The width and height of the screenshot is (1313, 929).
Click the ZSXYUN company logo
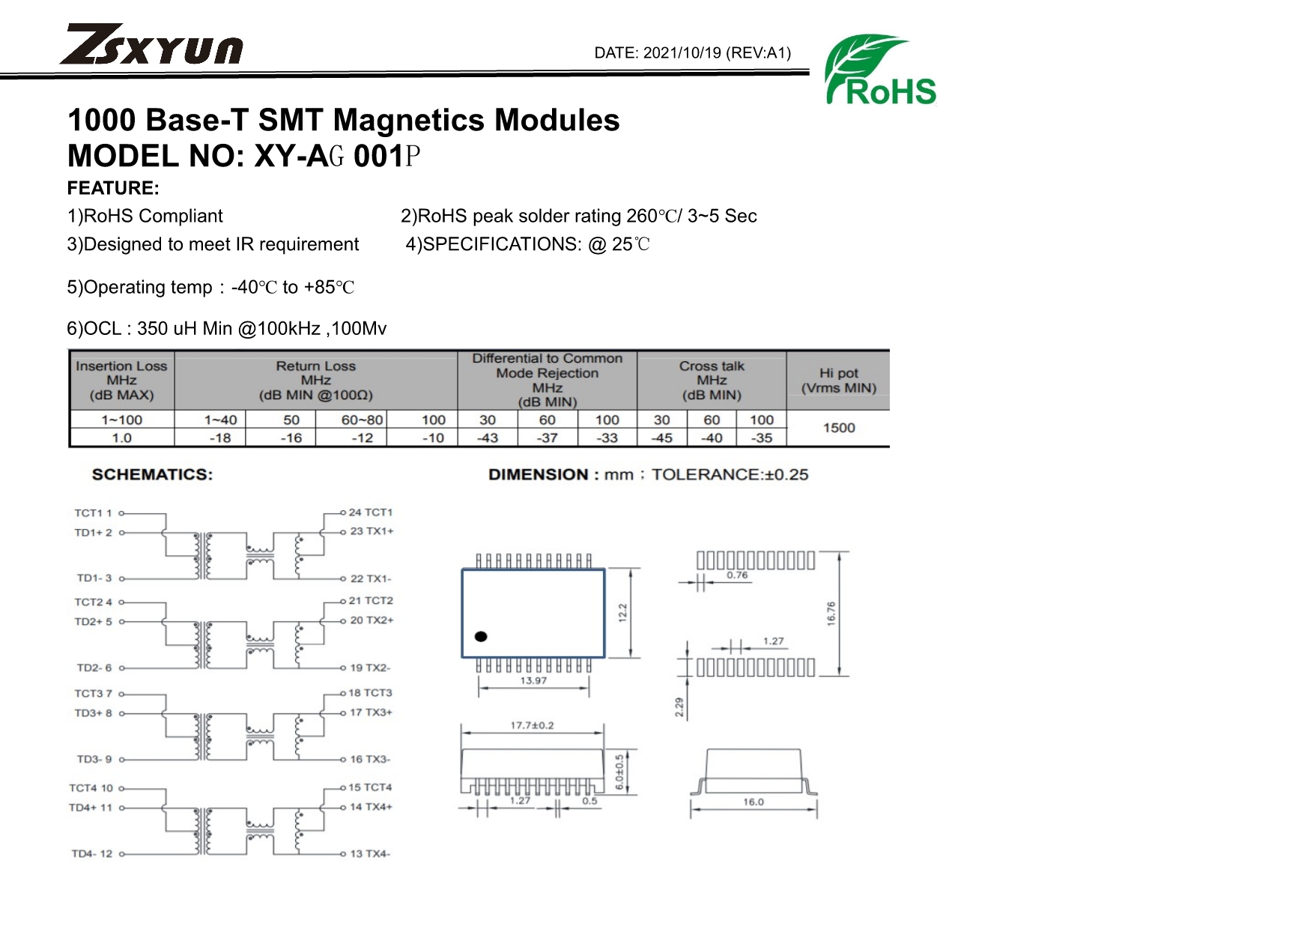click(x=151, y=44)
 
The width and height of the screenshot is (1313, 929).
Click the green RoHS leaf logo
click(x=880, y=69)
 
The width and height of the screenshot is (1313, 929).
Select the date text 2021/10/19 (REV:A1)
click(x=717, y=53)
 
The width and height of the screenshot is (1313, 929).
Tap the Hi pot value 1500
click(x=839, y=428)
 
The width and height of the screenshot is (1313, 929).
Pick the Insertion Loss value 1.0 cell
click(x=121, y=438)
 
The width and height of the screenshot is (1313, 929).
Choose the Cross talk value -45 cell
click(x=662, y=438)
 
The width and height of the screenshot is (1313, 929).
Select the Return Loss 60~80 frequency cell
click(x=362, y=420)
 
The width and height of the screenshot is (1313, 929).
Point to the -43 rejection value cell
click(x=488, y=438)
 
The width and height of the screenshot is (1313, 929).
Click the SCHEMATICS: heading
click(x=152, y=474)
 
